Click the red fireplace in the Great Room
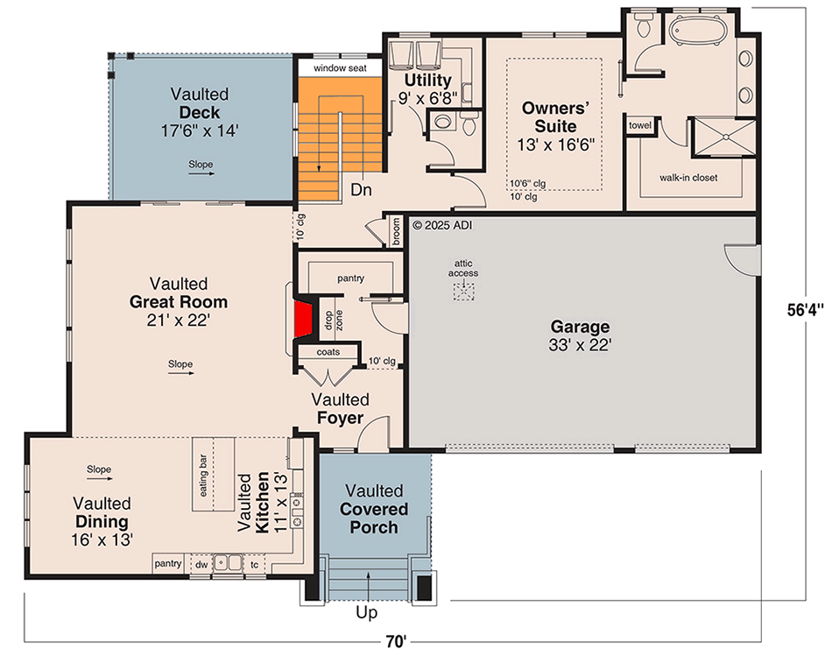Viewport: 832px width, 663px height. click(304, 319)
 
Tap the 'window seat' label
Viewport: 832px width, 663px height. click(340, 68)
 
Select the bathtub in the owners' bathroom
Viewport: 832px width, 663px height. click(697, 30)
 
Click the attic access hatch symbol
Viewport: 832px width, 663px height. click(463, 292)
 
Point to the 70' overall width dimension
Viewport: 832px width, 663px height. click(396, 641)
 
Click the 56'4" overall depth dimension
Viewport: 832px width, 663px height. click(806, 309)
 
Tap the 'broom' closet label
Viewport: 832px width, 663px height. click(396, 232)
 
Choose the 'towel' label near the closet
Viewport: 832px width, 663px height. click(640, 125)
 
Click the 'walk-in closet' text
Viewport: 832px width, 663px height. click(688, 178)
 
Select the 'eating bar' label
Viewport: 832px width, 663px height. click(203, 476)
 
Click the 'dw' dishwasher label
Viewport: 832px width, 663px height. click(201, 564)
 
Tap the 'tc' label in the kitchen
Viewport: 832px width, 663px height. click(255, 564)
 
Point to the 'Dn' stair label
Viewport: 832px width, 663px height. click(361, 189)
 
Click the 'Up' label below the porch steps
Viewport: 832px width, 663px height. click(367, 612)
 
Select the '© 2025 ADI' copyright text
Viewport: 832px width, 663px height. click(442, 225)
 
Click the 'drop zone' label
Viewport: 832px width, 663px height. click(334, 320)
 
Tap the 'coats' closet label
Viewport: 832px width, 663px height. click(328, 352)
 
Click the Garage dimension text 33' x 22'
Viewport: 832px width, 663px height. click(580, 345)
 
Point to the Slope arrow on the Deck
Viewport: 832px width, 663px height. click(201, 173)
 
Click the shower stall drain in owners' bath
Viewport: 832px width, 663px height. click(725, 137)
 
